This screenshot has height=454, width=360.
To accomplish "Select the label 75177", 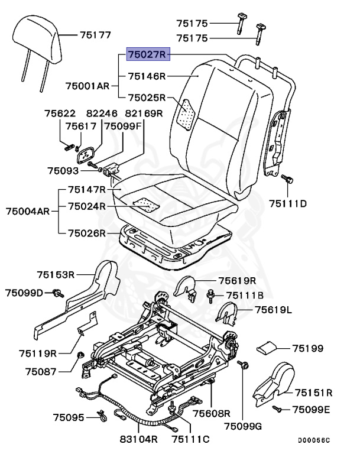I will click(95, 35).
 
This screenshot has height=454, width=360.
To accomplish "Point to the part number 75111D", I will click(288, 204).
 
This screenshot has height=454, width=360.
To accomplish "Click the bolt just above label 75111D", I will click(287, 179).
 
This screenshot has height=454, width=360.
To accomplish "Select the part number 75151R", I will click(313, 392).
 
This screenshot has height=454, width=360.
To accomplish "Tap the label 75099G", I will click(244, 426).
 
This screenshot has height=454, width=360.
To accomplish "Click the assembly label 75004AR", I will click(27, 210).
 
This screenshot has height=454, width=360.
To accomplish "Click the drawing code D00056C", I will click(314, 440).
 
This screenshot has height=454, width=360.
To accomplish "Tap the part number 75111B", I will click(239, 294).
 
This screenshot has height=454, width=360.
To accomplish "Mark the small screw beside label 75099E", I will click(275, 408).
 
